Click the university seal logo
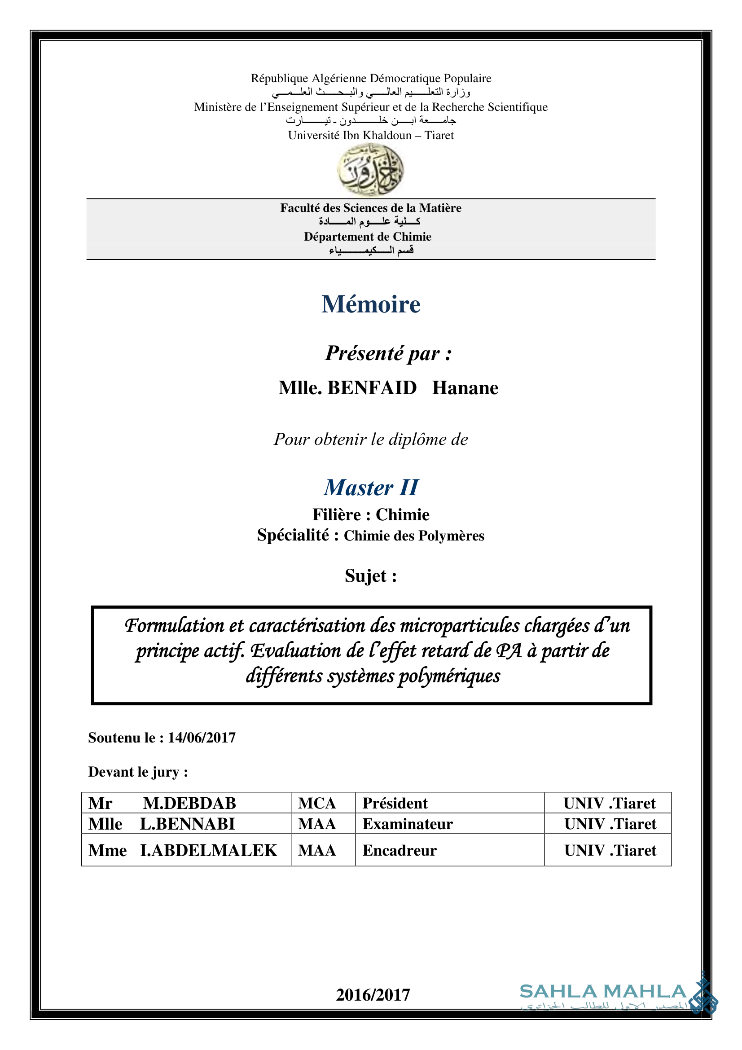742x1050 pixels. pyautogui.click(x=370, y=170)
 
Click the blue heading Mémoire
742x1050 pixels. pyautogui.click(x=370, y=304)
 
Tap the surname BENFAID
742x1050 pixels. pyautogui.click(x=372, y=388)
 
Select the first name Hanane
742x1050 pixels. pyautogui.click(x=465, y=388)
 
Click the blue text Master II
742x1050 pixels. pyautogui.click(x=371, y=488)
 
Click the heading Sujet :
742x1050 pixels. pyautogui.click(x=370, y=576)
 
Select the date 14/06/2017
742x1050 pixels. pyautogui.click(x=202, y=738)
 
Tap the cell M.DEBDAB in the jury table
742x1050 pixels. pyautogui.click(x=189, y=803)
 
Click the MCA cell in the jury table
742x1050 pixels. pyautogui.click(x=317, y=803)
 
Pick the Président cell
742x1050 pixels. pyautogui.click(x=395, y=803)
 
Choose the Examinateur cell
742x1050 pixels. pyautogui.click(x=407, y=824)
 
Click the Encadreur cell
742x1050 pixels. pyautogui.click(x=399, y=850)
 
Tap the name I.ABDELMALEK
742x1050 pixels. pyautogui.click(x=208, y=850)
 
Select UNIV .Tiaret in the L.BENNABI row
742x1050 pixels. pyautogui.click(x=610, y=824)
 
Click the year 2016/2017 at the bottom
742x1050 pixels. pyautogui.click(x=373, y=995)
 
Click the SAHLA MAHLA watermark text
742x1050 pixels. pyautogui.click(x=602, y=992)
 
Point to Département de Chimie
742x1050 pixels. pyautogui.click(x=368, y=237)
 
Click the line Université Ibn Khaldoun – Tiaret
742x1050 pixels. pyautogui.click(x=370, y=136)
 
